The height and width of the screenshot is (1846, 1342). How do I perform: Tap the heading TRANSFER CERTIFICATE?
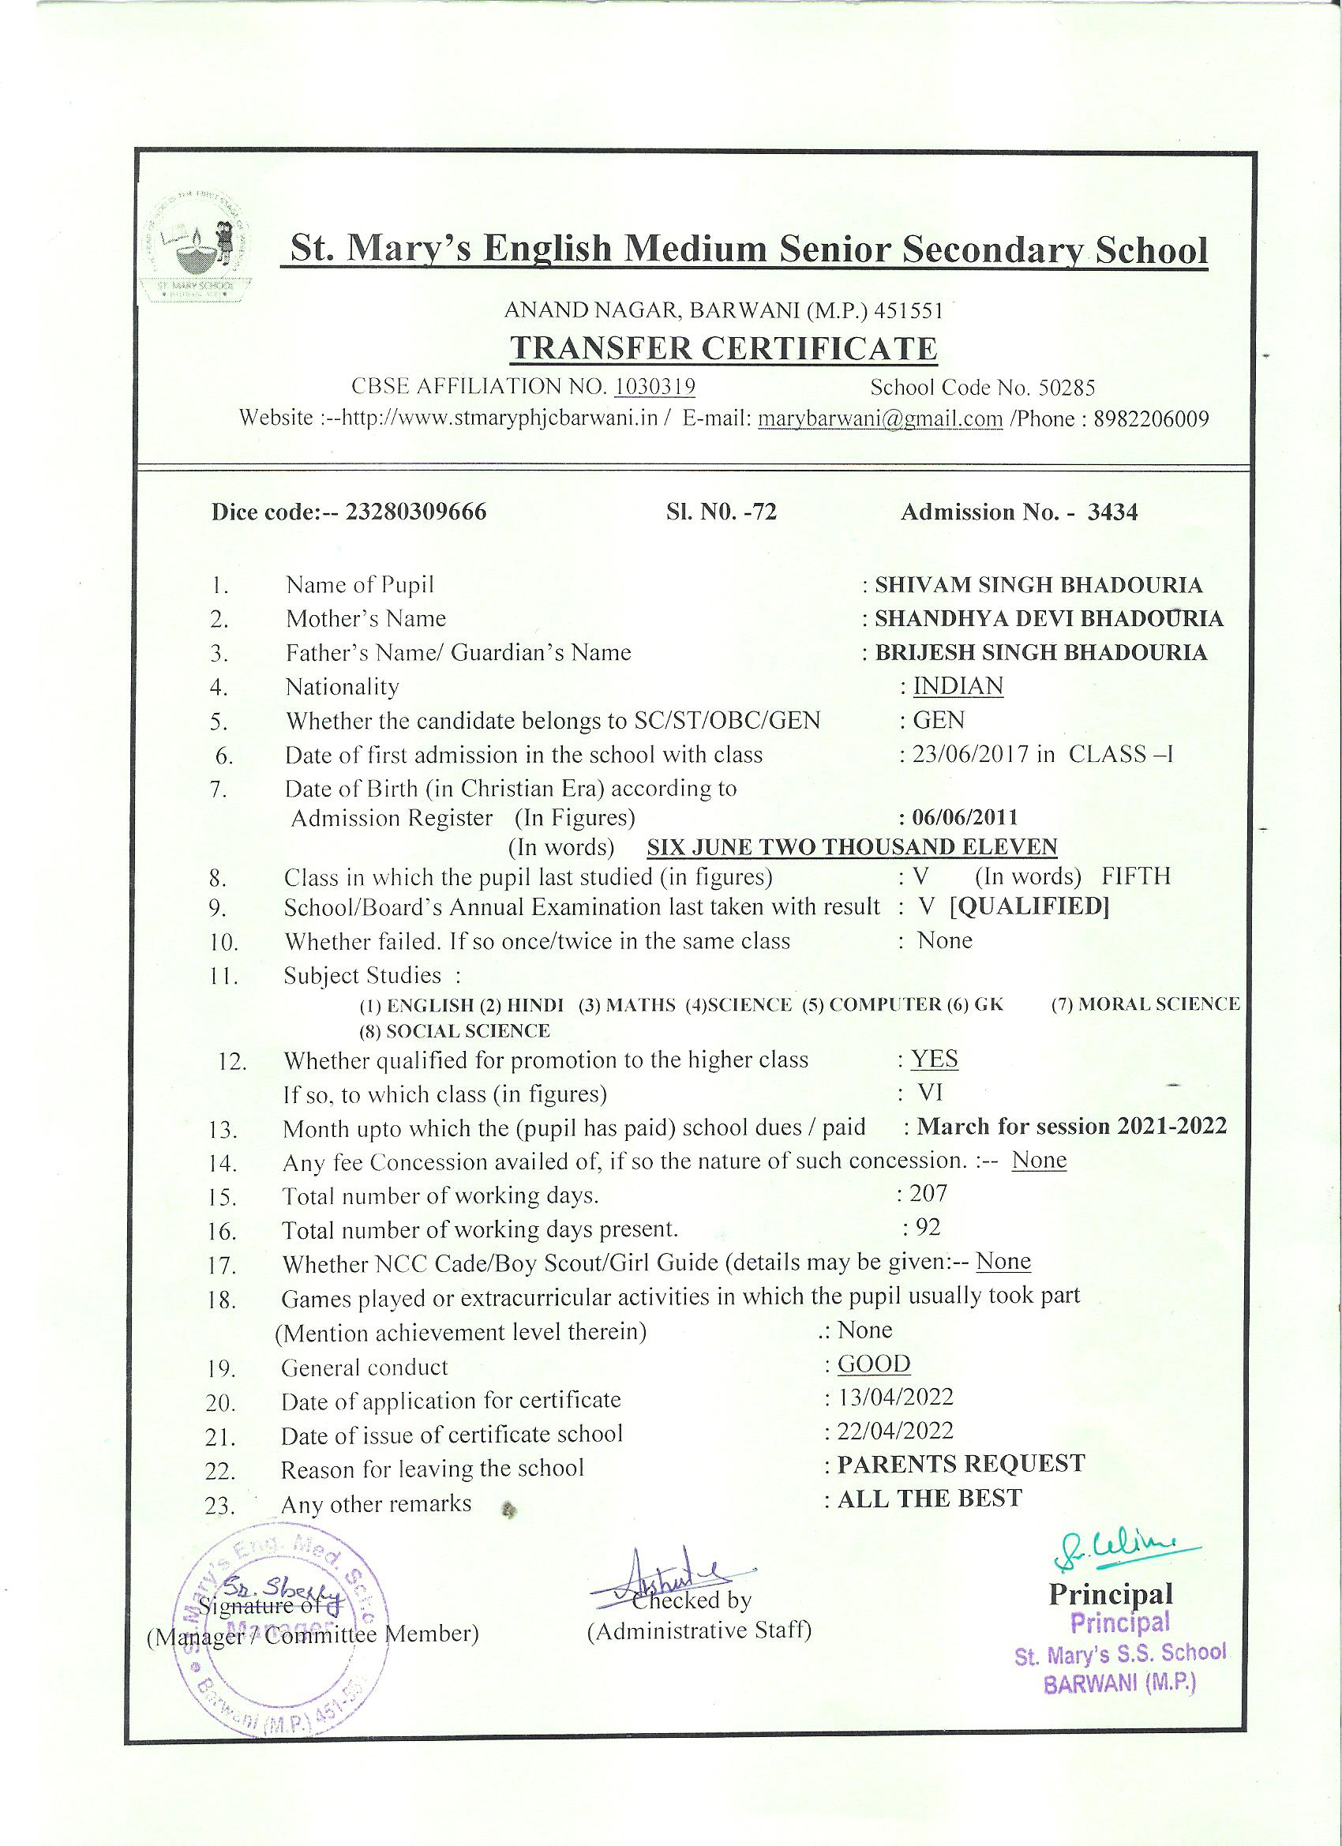pos(722,348)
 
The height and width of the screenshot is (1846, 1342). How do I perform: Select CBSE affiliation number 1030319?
pos(654,387)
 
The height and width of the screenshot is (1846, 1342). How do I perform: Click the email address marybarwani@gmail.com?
pos(879,419)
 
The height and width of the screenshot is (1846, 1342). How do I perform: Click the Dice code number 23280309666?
pos(416,512)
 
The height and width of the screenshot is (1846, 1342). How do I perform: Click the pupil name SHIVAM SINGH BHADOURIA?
pos(1038,585)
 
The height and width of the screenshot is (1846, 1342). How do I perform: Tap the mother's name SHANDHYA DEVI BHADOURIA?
pos(1048,618)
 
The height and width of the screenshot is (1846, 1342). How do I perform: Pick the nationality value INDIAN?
pos(958,686)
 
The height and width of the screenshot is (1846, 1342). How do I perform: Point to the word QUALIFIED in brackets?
pos(1029,906)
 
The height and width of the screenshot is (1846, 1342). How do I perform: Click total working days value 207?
pos(928,1193)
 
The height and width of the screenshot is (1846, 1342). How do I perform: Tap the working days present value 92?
pos(927,1227)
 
